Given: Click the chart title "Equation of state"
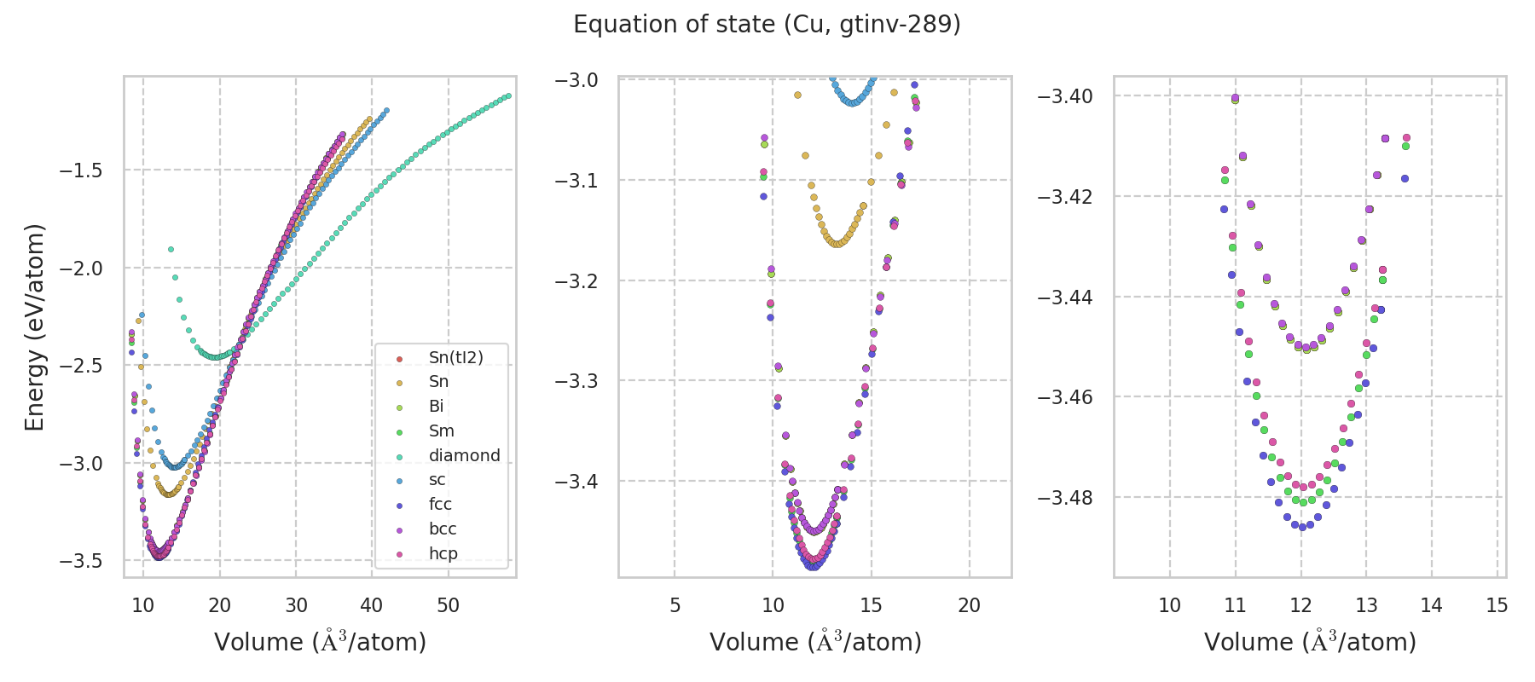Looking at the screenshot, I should (x=767, y=25).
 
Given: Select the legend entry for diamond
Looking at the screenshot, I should (x=464, y=455).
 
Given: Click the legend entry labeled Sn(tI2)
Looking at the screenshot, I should (x=455, y=357).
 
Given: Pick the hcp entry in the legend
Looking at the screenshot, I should (x=443, y=553).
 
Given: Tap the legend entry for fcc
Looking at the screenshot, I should (x=440, y=504).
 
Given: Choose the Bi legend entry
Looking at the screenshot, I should (x=436, y=406).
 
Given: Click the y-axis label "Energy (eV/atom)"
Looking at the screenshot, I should (x=34, y=327).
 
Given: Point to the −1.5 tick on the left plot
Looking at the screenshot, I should (x=81, y=170).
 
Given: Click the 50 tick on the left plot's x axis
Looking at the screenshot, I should (x=448, y=605).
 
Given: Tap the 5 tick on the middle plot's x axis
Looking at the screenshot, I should (x=675, y=605).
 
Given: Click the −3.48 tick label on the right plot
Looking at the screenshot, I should (x=1065, y=497).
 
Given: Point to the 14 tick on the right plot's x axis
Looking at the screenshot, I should (x=1431, y=605).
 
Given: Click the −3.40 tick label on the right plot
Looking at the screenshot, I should (x=1065, y=95).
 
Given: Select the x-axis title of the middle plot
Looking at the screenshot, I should (x=815, y=642).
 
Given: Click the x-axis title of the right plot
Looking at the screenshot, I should (x=1310, y=642).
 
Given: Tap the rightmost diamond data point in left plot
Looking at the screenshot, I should (x=508, y=95).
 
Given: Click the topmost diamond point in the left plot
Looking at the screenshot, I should (x=171, y=250).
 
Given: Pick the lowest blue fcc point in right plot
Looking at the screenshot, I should (x=1302, y=528).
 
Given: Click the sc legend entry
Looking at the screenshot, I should (x=437, y=479).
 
